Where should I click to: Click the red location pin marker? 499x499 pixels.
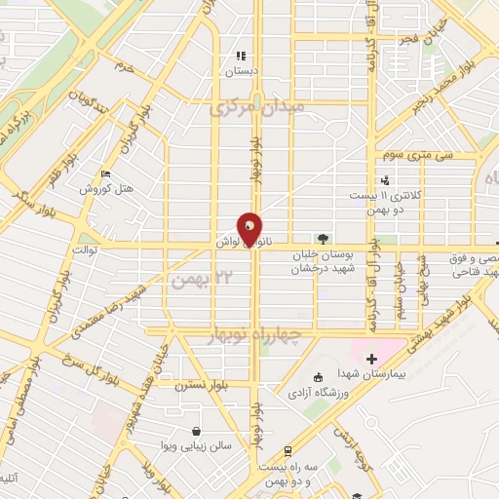(250, 228)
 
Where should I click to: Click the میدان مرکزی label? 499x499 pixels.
(257, 106)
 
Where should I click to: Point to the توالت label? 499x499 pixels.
(76, 248)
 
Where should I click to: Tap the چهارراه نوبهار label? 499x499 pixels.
(263, 335)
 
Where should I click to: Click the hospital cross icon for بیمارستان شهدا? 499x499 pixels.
(371, 360)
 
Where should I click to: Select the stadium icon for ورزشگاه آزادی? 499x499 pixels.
(318, 378)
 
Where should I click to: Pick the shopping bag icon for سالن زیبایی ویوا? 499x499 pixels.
(198, 430)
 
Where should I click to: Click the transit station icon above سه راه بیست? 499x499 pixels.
(288, 450)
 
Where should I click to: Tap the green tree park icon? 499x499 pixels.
(323, 237)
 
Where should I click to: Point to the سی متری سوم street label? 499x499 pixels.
(405, 154)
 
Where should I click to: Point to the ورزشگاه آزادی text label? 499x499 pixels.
(315, 394)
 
